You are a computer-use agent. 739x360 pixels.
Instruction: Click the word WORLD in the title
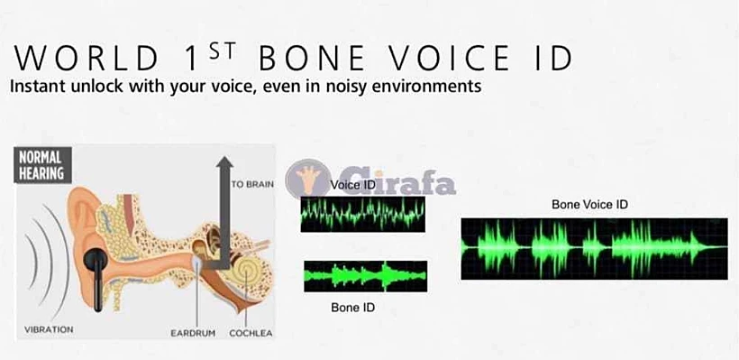point(86,59)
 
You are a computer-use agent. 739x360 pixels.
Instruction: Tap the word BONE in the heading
point(312,59)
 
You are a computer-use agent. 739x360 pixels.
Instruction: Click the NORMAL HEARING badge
point(42,165)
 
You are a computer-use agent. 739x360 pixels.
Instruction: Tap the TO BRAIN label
point(252,184)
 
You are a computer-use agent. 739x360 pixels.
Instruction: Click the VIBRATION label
point(49,329)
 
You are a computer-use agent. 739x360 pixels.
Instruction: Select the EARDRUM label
point(193,333)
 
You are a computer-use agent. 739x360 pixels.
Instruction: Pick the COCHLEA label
point(251,333)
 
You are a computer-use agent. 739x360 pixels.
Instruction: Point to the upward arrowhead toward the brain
point(224,162)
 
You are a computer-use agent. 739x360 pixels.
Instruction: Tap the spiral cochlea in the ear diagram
point(246,273)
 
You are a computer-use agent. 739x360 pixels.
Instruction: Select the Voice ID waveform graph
point(363,214)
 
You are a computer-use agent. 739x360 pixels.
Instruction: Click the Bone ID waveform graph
point(365,276)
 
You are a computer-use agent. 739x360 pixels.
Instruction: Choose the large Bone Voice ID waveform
point(594,249)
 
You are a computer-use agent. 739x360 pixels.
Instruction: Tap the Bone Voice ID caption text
point(589,205)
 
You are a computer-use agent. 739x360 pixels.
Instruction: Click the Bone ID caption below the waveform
point(353,308)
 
